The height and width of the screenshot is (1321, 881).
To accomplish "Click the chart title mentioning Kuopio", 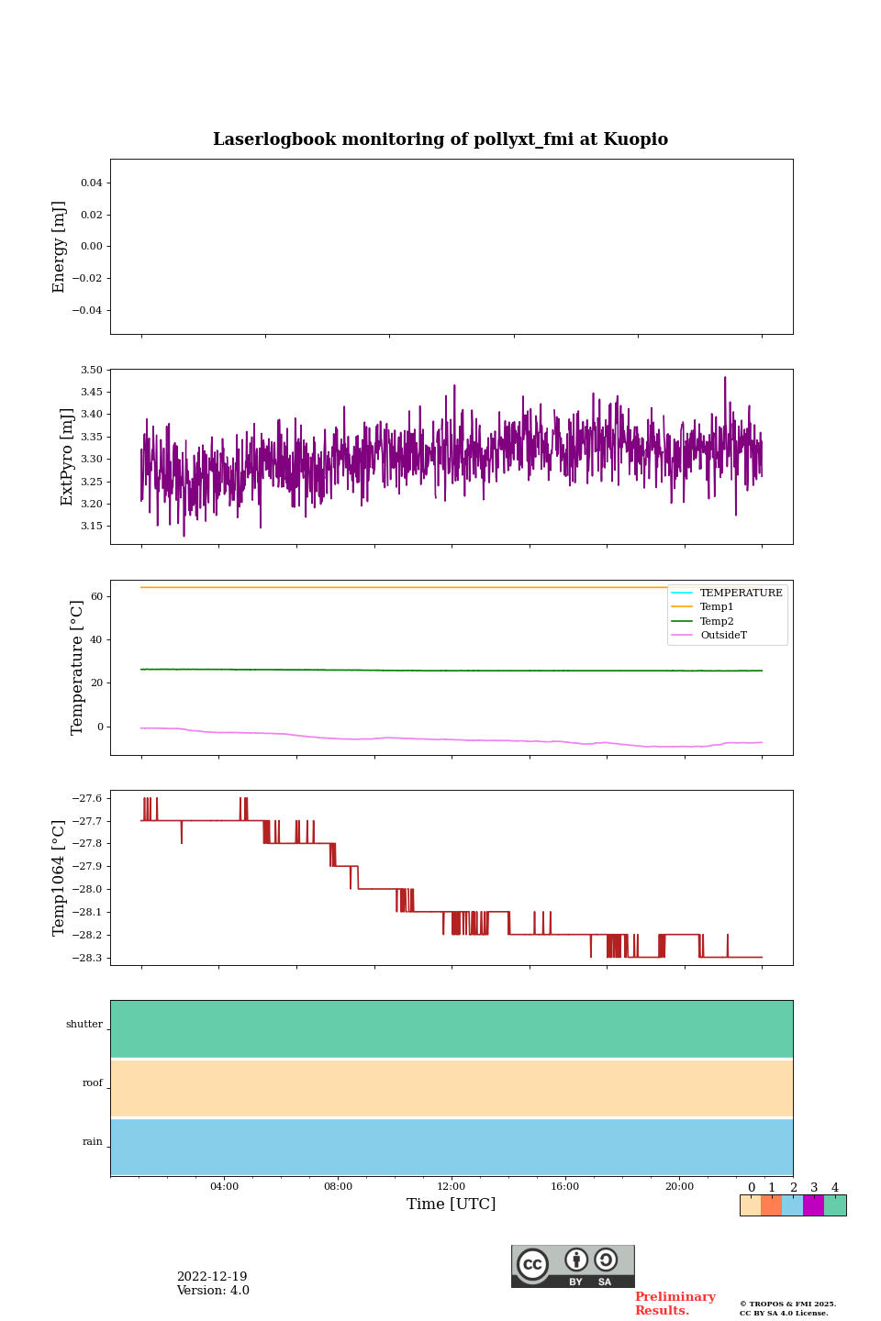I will (440, 139).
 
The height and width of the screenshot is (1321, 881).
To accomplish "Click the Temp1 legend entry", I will (717, 607).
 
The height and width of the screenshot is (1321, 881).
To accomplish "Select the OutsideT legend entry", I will (723, 636).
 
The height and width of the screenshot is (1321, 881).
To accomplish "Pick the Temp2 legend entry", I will (717, 622).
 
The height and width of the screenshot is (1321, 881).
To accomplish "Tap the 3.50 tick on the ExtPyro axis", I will (92, 370).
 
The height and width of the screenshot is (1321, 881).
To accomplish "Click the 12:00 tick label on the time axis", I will (452, 1187).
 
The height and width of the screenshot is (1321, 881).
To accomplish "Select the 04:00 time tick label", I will (224, 1187).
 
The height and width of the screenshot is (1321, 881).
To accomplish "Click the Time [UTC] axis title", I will (452, 1204).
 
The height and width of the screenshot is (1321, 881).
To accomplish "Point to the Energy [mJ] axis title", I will (60, 247).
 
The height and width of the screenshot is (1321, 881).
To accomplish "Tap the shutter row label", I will (84, 1025).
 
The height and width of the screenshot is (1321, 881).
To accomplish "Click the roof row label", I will (93, 1083).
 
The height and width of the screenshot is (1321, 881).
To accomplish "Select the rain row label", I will (93, 1142).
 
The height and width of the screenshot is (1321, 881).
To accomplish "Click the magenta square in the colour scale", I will (813, 1205).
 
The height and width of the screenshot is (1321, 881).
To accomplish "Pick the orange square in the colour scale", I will (771, 1205).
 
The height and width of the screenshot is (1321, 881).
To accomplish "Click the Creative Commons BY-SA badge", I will (573, 1266).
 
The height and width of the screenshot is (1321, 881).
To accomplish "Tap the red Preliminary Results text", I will (675, 1304).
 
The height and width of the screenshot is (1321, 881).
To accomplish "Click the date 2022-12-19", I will (212, 1277).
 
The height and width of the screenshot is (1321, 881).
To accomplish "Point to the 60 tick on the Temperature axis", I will (96, 596).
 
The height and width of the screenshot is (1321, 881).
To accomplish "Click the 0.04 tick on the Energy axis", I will (91, 183).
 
